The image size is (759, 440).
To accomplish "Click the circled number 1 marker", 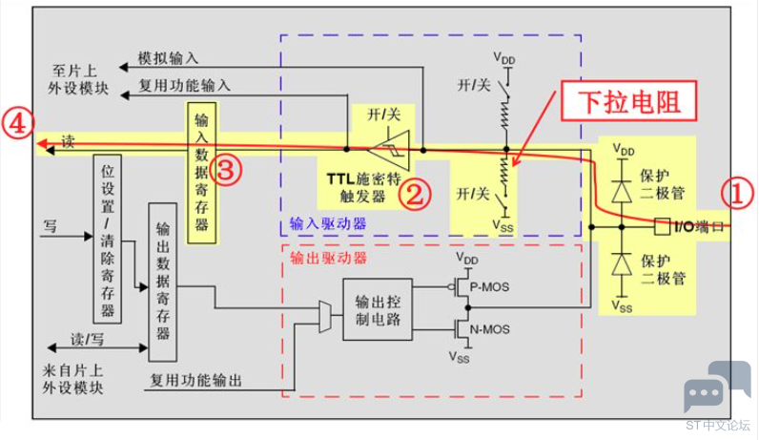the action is tap(737, 194).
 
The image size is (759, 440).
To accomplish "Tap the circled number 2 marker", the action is tap(415, 194).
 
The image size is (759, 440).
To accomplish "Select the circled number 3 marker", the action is tap(228, 170).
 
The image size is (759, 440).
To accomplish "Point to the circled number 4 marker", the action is tap(18, 124).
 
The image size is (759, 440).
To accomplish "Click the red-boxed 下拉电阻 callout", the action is tap(628, 101).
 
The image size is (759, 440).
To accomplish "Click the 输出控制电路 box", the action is tap(378, 309).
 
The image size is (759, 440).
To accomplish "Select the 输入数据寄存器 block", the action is tap(202, 173).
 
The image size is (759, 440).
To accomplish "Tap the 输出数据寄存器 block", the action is tap(163, 282).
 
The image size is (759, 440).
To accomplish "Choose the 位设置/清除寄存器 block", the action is tap(107, 239).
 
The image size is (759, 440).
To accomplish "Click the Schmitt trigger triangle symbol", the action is tap(390, 150).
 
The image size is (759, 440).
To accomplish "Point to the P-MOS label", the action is tap(489, 287).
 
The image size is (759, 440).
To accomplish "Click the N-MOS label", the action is tap(489, 329).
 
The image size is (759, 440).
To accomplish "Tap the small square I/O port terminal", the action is tap(662, 226).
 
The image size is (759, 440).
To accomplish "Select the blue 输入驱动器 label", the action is tap(328, 223).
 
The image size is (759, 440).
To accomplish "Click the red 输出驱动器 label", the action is tap(328, 258).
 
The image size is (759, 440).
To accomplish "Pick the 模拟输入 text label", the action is tap(168, 58).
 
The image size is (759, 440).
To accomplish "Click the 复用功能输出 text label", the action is tap(195, 380).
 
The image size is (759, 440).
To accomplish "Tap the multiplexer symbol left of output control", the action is tap(325, 317).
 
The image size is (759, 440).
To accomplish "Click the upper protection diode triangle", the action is tap(622, 192).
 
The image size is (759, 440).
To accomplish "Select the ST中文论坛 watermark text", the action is tap(718, 426).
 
